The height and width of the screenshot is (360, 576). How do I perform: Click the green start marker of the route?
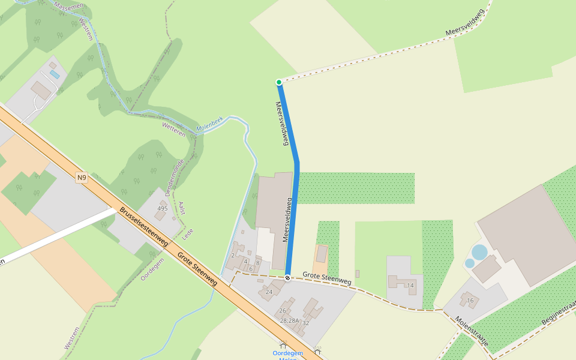(279, 82)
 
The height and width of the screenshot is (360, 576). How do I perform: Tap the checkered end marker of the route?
(288, 278)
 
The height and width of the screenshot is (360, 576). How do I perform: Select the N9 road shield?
(82, 178)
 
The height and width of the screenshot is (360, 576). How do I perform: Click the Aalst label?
(182, 208)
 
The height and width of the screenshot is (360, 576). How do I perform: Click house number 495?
(162, 208)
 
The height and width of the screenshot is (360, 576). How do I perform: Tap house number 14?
(410, 286)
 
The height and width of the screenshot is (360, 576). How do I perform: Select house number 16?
(470, 301)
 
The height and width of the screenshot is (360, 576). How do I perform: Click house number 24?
(269, 292)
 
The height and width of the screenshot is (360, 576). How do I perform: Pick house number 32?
(305, 323)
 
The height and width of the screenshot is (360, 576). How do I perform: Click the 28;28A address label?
(289, 321)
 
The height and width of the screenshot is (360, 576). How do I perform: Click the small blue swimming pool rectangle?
(55, 74)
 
